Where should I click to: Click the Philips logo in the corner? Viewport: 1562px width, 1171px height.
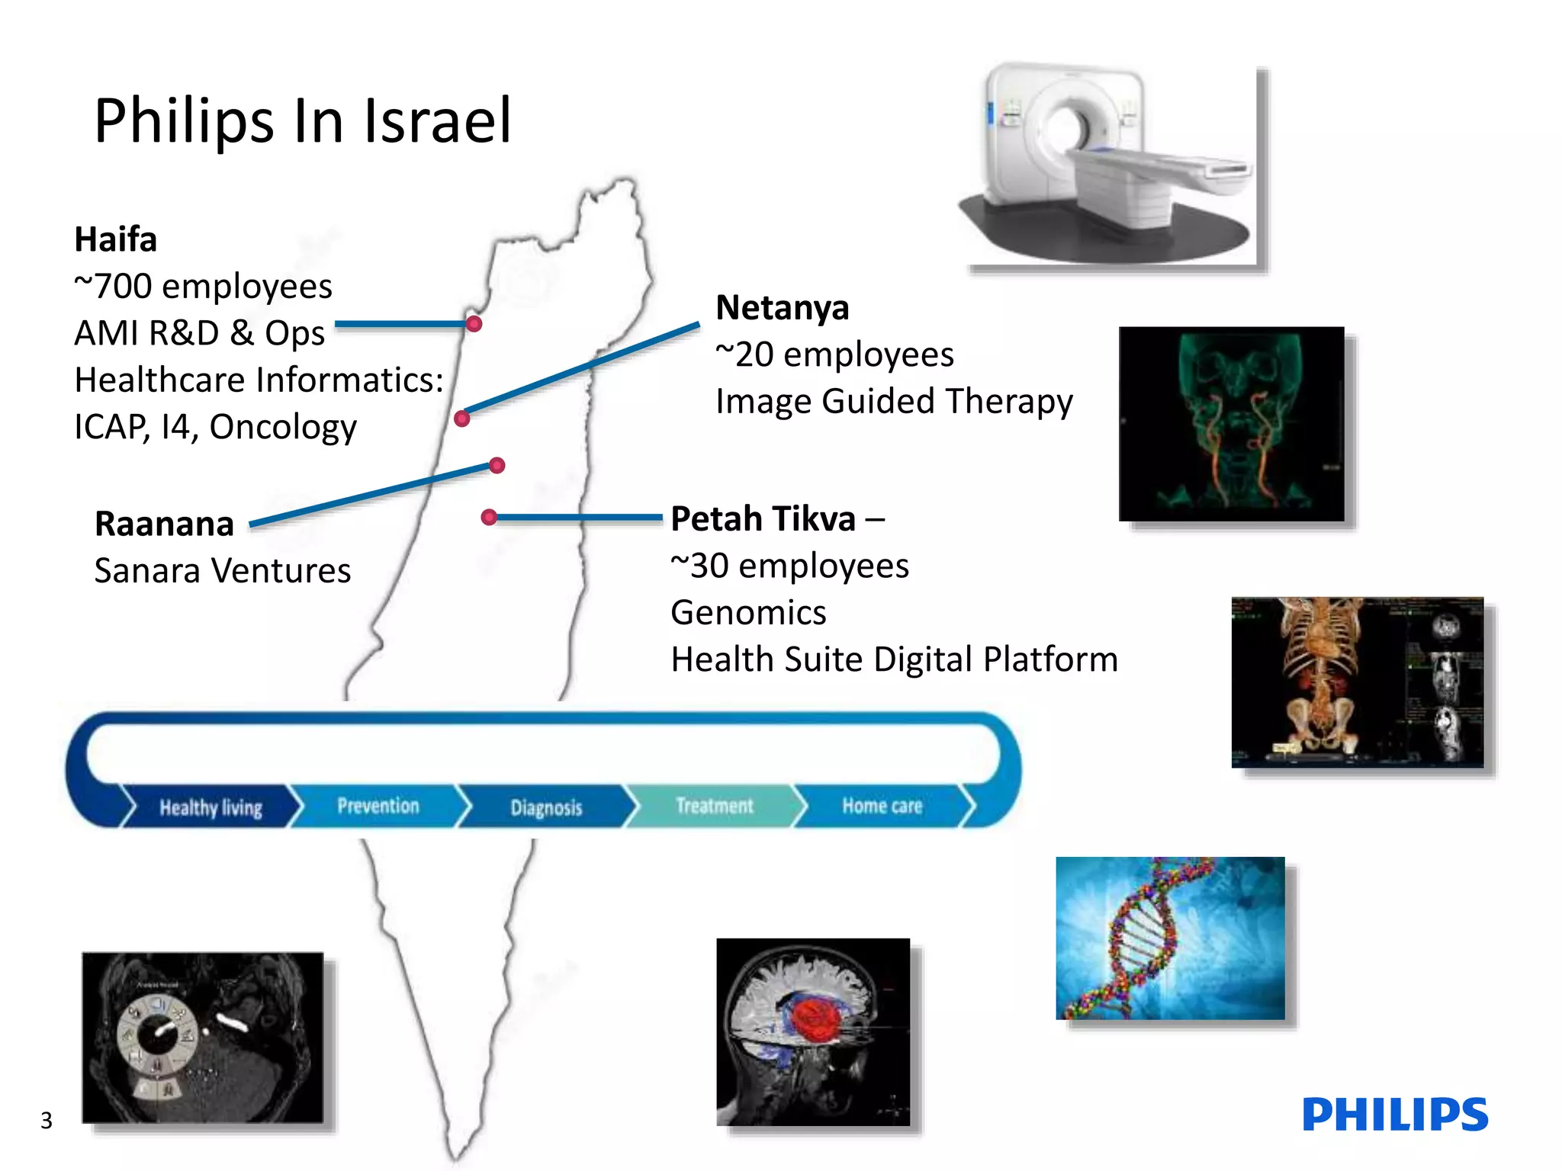1394,1115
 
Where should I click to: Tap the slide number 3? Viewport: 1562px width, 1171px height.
47,1120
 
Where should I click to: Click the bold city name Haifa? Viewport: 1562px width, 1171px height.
116,239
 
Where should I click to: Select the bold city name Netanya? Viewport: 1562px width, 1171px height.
782,308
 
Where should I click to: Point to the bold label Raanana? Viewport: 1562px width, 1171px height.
164,524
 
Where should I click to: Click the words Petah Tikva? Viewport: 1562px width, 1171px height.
763,519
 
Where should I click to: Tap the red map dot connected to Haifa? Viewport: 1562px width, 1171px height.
474,324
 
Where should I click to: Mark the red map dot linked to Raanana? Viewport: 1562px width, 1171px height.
497,465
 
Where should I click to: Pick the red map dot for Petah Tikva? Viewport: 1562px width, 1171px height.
489,518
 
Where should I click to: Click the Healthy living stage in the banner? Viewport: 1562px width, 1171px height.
211,807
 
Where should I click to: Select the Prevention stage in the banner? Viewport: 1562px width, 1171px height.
378,806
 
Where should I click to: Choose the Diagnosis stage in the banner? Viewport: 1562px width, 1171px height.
546,807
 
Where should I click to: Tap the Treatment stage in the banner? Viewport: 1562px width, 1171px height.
714,806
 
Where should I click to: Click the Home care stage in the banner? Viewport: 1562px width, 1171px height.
882,806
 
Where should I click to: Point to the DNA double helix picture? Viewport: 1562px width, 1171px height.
1169,938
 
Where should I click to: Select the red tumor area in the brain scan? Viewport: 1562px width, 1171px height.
815,1022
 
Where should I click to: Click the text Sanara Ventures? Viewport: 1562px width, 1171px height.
223,570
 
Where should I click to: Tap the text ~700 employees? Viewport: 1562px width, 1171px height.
203,287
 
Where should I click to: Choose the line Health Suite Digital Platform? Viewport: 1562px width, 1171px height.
894,659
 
